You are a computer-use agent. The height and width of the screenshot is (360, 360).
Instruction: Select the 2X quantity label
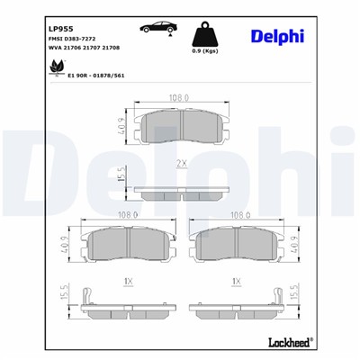182,164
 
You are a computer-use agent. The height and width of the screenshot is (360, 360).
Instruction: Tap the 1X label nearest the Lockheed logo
237,281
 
